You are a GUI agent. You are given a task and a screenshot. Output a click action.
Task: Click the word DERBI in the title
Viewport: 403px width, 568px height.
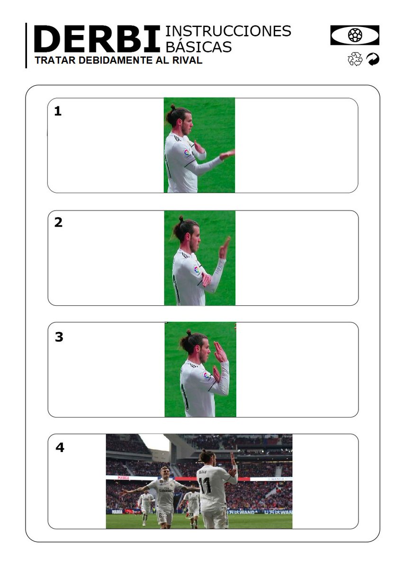click(97, 39)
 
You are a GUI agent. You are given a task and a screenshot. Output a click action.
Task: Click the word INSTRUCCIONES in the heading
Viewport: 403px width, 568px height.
click(228, 31)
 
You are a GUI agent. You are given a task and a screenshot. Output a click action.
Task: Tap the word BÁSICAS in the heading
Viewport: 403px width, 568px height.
click(198, 46)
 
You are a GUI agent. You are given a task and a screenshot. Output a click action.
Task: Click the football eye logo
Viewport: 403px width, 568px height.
click(355, 35)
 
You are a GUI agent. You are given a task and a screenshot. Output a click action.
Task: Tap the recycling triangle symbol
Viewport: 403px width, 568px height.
click(355, 59)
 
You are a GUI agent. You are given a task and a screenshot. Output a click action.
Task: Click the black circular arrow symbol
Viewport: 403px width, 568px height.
click(373, 59)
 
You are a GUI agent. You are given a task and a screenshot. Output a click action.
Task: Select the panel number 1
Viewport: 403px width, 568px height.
click(58, 111)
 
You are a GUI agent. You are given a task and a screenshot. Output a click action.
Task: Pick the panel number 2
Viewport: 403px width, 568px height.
click(58, 222)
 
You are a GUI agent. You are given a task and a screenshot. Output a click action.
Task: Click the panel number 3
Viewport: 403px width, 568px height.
click(59, 337)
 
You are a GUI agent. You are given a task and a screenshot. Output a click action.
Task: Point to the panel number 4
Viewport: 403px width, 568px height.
click(60, 448)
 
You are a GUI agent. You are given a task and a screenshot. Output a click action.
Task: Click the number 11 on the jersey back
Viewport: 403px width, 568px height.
click(205, 485)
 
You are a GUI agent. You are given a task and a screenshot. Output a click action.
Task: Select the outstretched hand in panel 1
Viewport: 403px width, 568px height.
click(227, 154)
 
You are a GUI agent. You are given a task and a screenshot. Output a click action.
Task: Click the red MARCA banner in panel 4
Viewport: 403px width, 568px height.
click(123, 478)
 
